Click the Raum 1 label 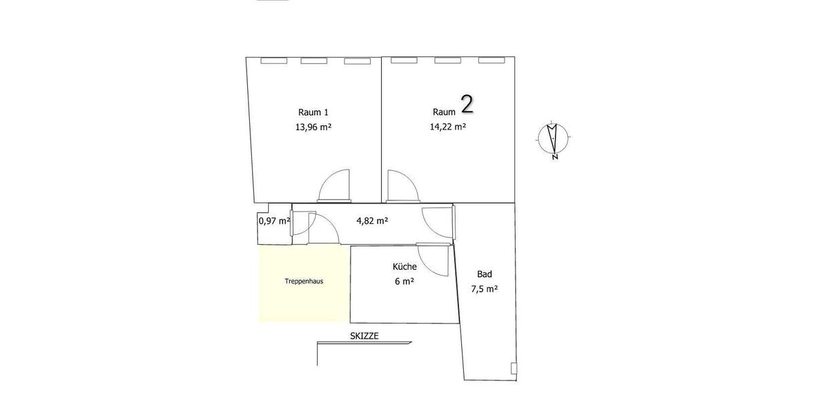tap(313, 112)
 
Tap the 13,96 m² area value tap(313, 126)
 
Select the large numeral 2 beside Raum tap(467, 104)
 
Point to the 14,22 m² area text tap(448, 126)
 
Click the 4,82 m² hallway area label tap(372, 220)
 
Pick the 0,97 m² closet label tap(274, 220)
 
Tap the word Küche tap(404, 267)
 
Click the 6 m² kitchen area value tap(404, 282)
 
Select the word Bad tap(484, 274)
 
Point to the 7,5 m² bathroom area tap(484, 288)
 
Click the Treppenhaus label tap(304, 281)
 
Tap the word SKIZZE tap(364, 336)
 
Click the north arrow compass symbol tap(554, 138)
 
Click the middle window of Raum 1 tap(314, 61)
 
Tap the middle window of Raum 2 tap(448, 61)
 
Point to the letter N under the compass tap(555, 157)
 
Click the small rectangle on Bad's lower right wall tap(513, 368)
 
